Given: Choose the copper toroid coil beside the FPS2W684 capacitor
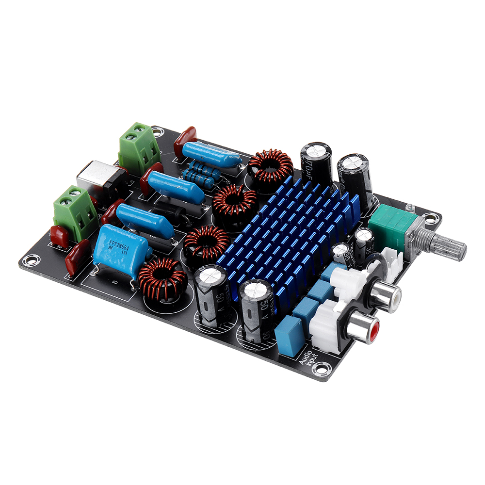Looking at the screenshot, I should [x=162, y=280].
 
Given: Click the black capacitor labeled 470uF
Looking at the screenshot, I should [x=316, y=165].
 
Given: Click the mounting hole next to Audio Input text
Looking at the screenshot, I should [x=321, y=370].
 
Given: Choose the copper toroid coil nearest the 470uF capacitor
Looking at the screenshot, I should [x=270, y=165].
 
